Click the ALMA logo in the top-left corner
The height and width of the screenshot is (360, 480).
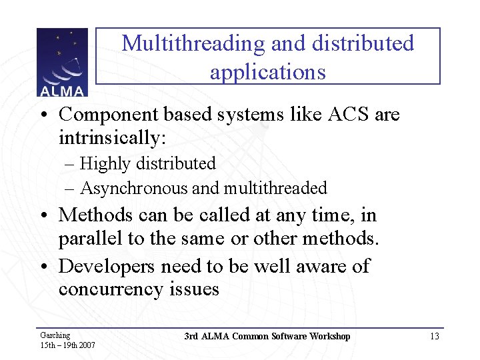(62, 63)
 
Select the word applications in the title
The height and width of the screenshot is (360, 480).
(267, 71)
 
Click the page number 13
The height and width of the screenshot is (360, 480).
(434, 337)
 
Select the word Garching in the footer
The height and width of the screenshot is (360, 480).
(55, 335)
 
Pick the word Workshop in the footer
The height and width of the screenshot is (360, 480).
(327, 336)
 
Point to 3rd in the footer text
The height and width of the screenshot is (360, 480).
(191, 336)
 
